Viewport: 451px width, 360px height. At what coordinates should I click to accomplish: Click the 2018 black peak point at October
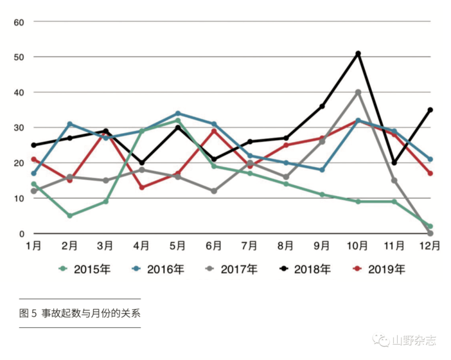[x=358, y=53]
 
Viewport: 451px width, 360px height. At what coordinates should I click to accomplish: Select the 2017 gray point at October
[x=358, y=92]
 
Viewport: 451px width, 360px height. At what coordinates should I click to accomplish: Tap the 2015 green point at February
[x=69, y=215]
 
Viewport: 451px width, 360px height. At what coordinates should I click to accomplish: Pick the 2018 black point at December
[x=430, y=110]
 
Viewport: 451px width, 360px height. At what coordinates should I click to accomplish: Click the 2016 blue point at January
[x=33, y=173]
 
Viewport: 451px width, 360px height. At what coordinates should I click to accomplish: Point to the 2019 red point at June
[x=214, y=130]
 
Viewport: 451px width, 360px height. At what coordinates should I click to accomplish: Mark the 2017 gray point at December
[x=430, y=233]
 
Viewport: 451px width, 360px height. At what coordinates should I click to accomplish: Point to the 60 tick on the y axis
[x=19, y=22]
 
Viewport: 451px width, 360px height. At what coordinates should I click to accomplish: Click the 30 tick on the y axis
[x=19, y=127]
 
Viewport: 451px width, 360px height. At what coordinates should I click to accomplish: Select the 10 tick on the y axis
[x=19, y=198]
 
